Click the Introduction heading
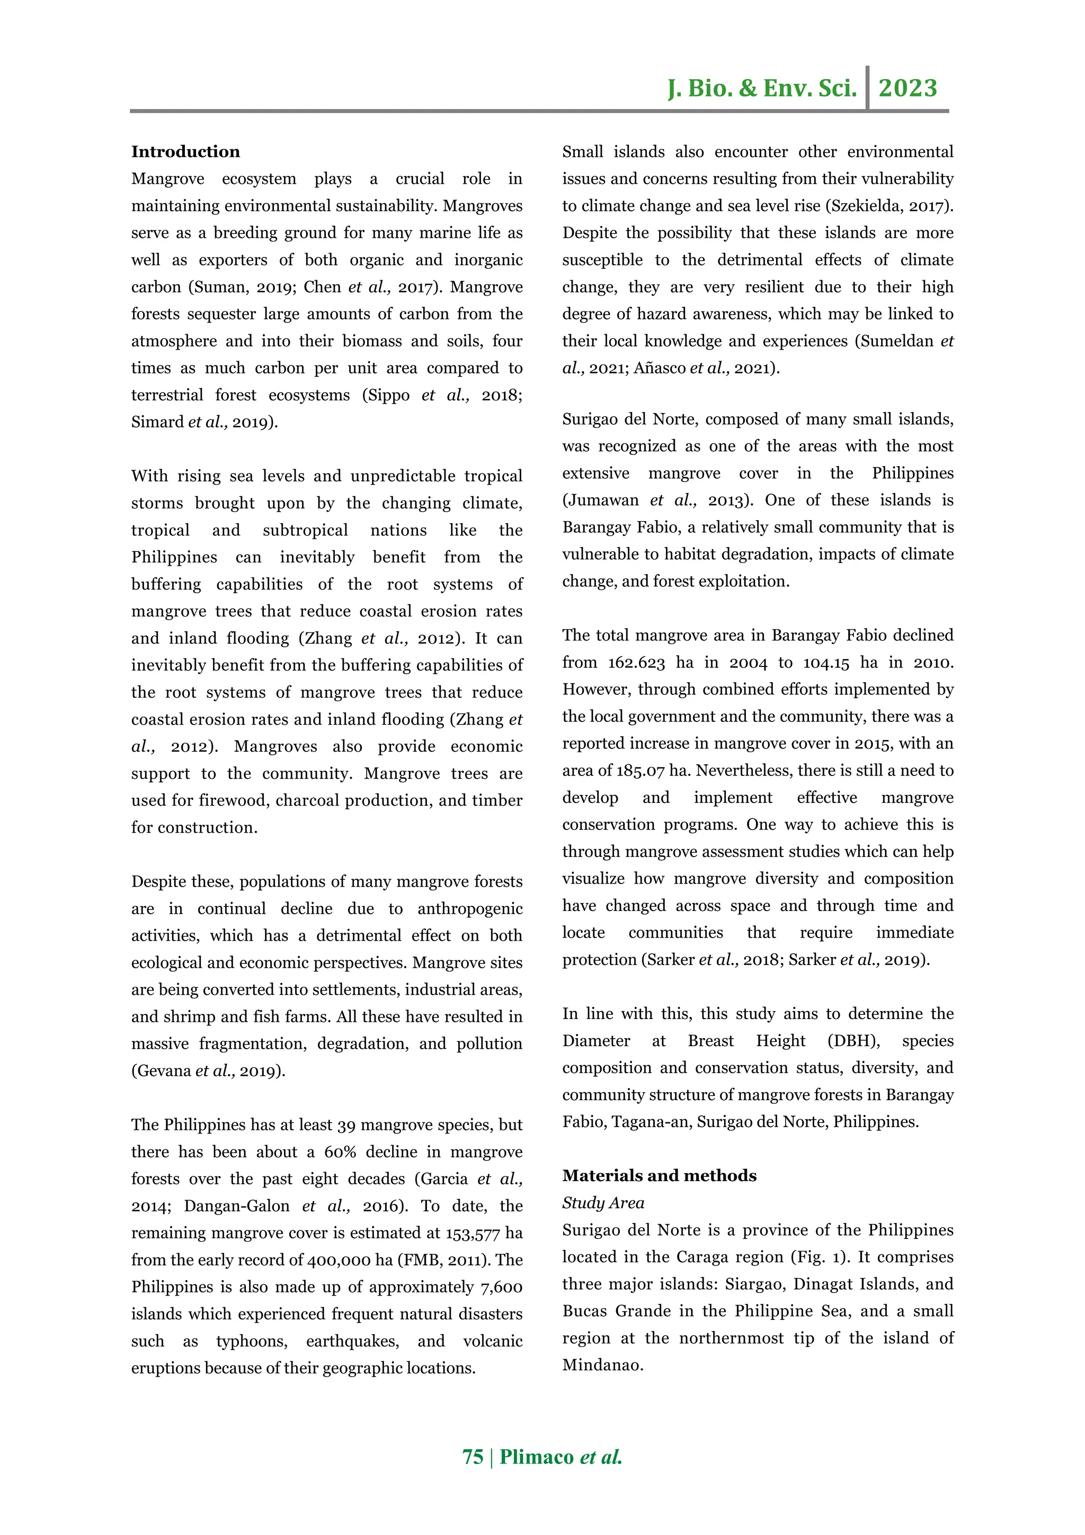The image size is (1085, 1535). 185,152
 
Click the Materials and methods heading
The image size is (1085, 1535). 659,1175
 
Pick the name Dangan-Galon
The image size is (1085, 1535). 237,1206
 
